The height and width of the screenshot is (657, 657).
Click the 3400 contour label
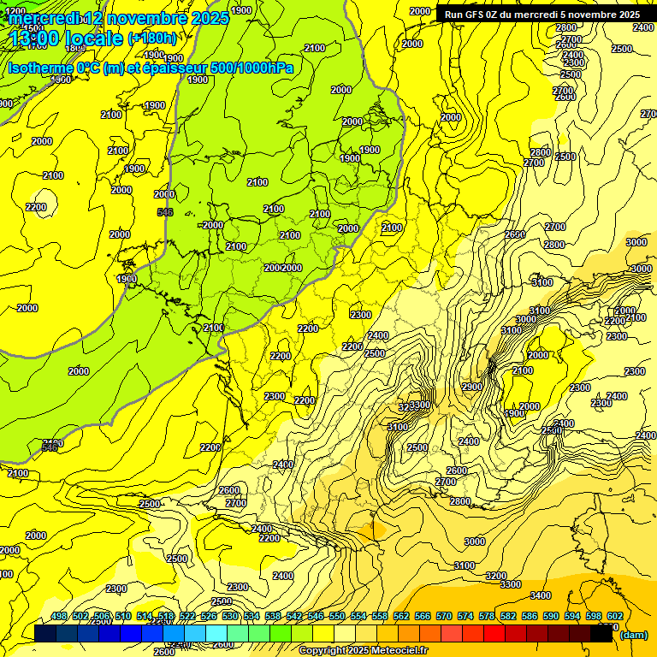pyautogui.click(x=540, y=595)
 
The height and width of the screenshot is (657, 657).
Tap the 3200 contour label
pyautogui.click(x=495, y=576)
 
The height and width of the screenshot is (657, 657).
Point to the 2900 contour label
pyautogui.click(x=472, y=388)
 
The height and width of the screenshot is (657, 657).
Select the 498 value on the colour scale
pyautogui.click(x=59, y=616)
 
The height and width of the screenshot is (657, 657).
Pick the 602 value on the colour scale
pyautogui.click(x=614, y=616)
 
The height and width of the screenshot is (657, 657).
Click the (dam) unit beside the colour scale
pyautogui.click(x=633, y=634)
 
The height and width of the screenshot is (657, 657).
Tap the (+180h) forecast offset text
pyautogui.click(x=152, y=38)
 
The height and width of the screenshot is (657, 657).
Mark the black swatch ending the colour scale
pyautogui.click(x=602, y=634)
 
